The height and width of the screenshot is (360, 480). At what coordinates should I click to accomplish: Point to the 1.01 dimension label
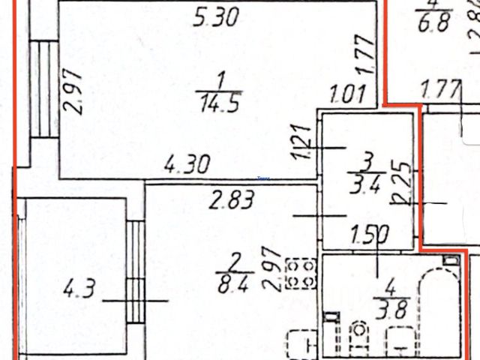click(x=349, y=95)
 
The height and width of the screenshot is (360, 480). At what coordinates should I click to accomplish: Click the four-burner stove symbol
click(x=301, y=274)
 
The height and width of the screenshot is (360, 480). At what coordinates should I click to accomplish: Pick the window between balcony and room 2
click(x=135, y=271)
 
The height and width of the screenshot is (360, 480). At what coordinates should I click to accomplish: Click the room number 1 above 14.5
click(x=218, y=79)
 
